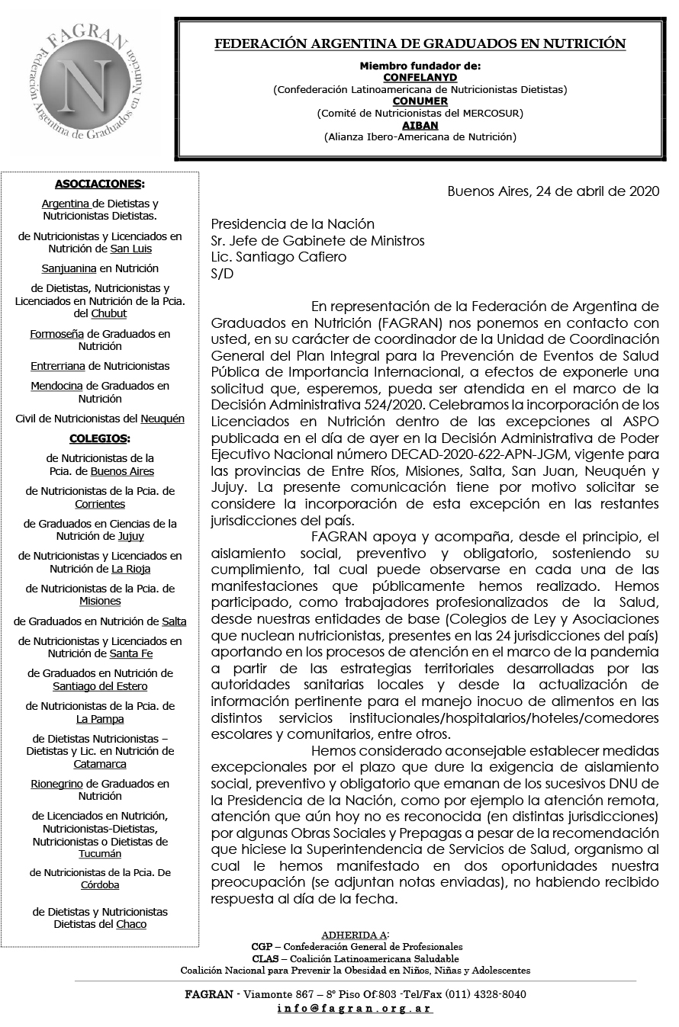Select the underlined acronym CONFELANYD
[420, 78]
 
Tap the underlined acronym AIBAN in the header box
[420, 126]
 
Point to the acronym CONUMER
[420, 101]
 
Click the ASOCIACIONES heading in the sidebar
[98, 184]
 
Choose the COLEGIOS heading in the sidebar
[98, 438]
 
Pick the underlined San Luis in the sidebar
[131, 249]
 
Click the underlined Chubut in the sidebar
[109, 313]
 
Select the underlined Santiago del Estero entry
[100, 686]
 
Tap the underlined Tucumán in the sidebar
[100, 854]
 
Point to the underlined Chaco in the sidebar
[131, 924]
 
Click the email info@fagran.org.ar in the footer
[355, 1008]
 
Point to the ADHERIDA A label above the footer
[355, 935]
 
